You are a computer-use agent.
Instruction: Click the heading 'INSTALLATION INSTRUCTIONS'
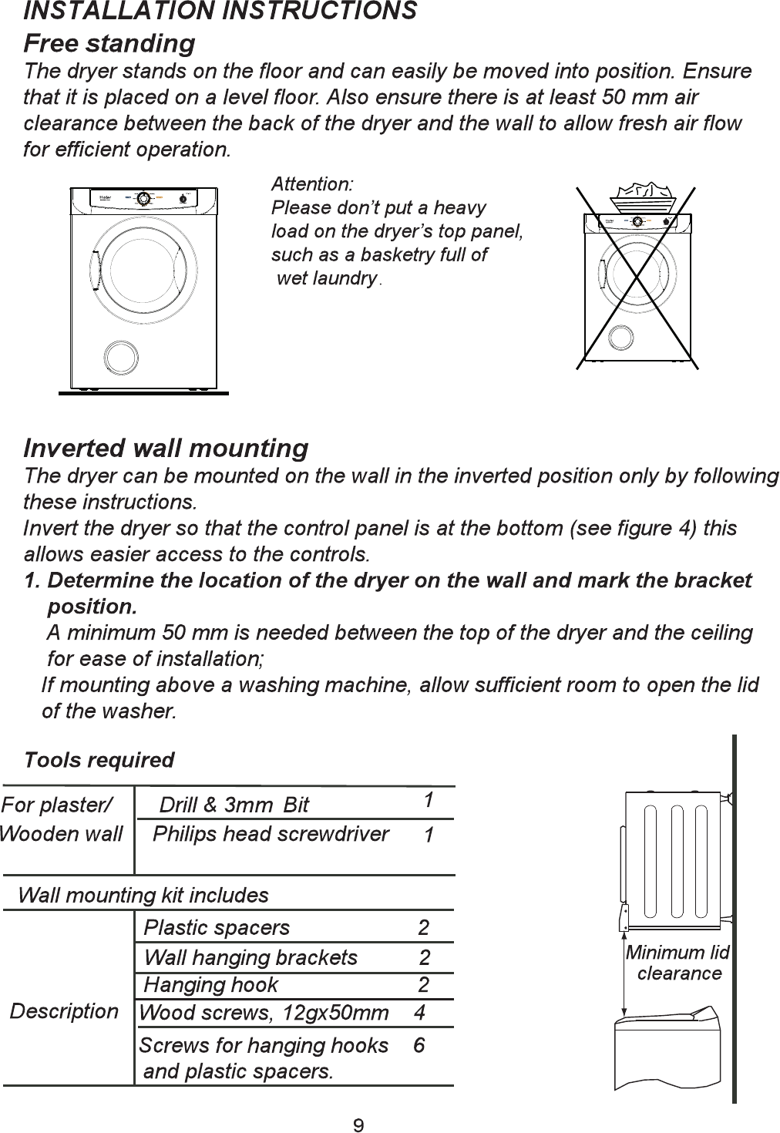click(x=220, y=12)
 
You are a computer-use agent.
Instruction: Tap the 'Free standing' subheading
click(x=109, y=43)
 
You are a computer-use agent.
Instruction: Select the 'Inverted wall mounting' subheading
click(x=166, y=448)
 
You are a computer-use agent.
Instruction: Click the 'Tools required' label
click(x=99, y=760)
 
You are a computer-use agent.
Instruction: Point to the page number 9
click(x=358, y=1125)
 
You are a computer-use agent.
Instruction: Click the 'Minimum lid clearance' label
click(x=677, y=963)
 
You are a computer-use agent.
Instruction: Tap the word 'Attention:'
click(x=312, y=184)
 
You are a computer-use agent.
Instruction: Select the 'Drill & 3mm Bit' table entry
click(x=234, y=805)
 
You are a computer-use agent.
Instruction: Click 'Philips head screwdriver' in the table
click(x=271, y=834)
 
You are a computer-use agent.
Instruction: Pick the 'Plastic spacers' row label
click(x=217, y=927)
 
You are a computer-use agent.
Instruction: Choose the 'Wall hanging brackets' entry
click(x=250, y=957)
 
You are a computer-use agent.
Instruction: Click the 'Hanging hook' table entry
click(x=210, y=984)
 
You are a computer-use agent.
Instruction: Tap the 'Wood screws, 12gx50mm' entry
click(x=264, y=1013)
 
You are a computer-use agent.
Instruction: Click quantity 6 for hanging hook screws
click(x=419, y=1045)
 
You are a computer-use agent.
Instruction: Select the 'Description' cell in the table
click(x=64, y=1011)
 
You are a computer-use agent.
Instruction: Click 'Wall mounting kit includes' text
click(x=143, y=895)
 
